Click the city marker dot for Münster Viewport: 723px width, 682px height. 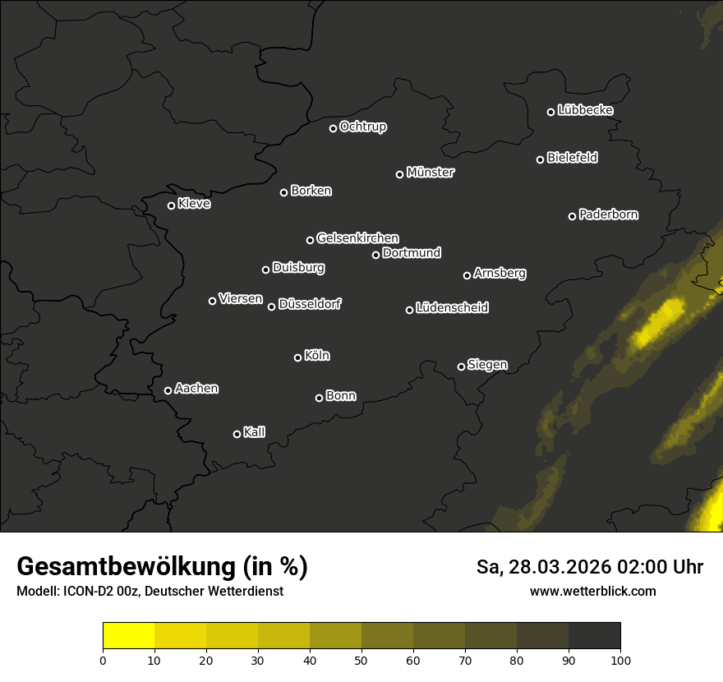(400, 174)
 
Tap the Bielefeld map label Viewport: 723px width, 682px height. (572, 158)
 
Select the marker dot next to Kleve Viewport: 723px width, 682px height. (171, 205)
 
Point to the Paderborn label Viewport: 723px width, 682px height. (608, 214)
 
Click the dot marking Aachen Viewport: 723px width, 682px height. (168, 390)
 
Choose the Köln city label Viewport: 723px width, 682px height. (317, 356)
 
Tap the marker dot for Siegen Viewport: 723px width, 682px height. (461, 366)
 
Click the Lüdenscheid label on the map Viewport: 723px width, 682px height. (452, 308)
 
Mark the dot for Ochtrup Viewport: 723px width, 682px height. (333, 128)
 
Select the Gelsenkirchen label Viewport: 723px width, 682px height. (357, 238)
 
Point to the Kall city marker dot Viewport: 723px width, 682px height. (237, 434)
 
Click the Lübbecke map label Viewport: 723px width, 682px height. (585, 110)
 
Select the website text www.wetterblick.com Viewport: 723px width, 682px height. (592, 591)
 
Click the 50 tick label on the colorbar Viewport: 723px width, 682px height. (361, 659)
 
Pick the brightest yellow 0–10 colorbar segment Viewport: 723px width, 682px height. (129, 636)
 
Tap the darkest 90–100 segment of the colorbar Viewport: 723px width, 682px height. (594, 636)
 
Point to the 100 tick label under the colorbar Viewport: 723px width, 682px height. (620, 659)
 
